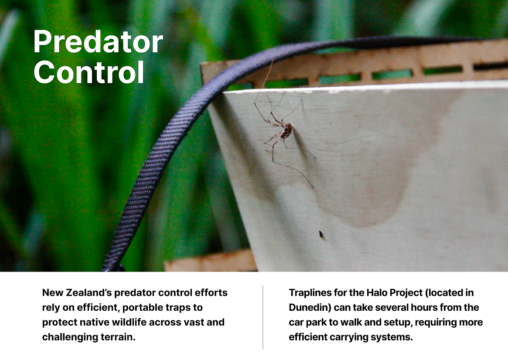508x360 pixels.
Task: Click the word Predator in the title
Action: pos(98,42)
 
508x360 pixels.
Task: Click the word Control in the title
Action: pos(89,72)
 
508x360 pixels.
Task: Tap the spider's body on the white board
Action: pos(287,131)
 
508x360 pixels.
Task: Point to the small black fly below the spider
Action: pos(321,234)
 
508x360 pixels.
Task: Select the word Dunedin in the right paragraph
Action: pos(310,307)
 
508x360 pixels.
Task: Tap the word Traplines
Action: pos(310,292)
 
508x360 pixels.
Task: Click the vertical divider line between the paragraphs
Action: pos(263,317)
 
